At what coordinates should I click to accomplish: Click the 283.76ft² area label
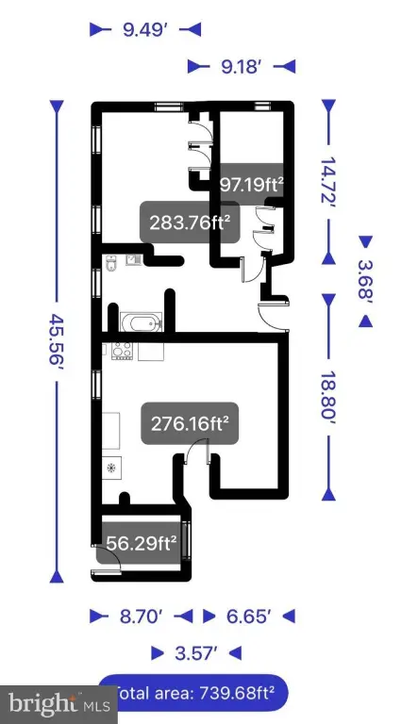pyautogui.click(x=190, y=222)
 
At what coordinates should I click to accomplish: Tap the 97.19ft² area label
pyautogui.click(x=251, y=185)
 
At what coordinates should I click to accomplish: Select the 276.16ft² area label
pyautogui.click(x=190, y=423)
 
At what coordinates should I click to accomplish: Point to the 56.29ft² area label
pyautogui.click(x=141, y=543)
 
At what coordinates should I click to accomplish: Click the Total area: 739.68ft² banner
pyautogui.click(x=192, y=693)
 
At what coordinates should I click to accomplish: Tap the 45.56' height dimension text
pyautogui.click(x=57, y=340)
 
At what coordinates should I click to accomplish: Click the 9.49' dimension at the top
pyautogui.click(x=144, y=30)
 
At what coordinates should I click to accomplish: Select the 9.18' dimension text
pyautogui.click(x=242, y=67)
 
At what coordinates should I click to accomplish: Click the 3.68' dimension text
pyautogui.click(x=365, y=281)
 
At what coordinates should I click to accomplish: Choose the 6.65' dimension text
pyautogui.click(x=249, y=617)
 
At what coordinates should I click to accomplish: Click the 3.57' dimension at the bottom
pyautogui.click(x=196, y=653)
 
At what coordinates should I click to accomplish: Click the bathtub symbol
pyautogui.click(x=141, y=322)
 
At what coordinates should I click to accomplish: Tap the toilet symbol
pyautogui.click(x=111, y=264)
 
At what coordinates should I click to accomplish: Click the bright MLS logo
pyautogui.click(x=59, y=705)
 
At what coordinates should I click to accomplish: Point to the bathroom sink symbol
pyautogui.click(x=133, y=261)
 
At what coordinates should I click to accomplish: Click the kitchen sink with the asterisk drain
pyautogui.click(x=111, y=468)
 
